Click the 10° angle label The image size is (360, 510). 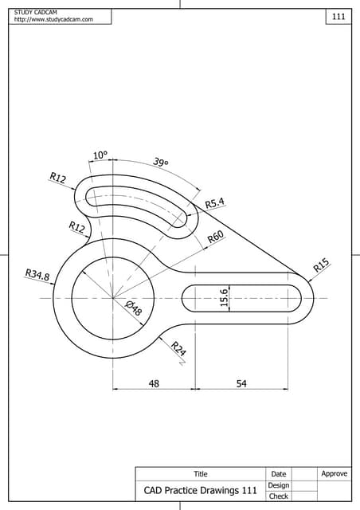pos(100,155)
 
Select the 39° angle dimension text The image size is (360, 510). pos(161,163)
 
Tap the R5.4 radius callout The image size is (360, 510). pos(215,203)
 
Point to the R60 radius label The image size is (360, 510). pos(215,237)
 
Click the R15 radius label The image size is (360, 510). pos(321,265)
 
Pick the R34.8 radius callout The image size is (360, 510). pos(37,276)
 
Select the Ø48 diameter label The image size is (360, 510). pos(133,308)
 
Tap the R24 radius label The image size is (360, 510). pos(178,348)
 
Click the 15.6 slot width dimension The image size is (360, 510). pos(225,297)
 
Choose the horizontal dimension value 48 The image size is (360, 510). pos(155,383)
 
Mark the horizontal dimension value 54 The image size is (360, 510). pos(241,383)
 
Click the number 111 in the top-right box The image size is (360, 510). pos(338,17)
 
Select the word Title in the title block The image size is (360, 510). pos(201,474)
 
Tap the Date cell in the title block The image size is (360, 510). pos(279,474)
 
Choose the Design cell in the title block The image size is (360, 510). pos(279,485)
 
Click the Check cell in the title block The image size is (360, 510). pos(279,496)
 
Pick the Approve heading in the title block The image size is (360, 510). pos(335,474)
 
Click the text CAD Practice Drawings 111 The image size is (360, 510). pos(200,490)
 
